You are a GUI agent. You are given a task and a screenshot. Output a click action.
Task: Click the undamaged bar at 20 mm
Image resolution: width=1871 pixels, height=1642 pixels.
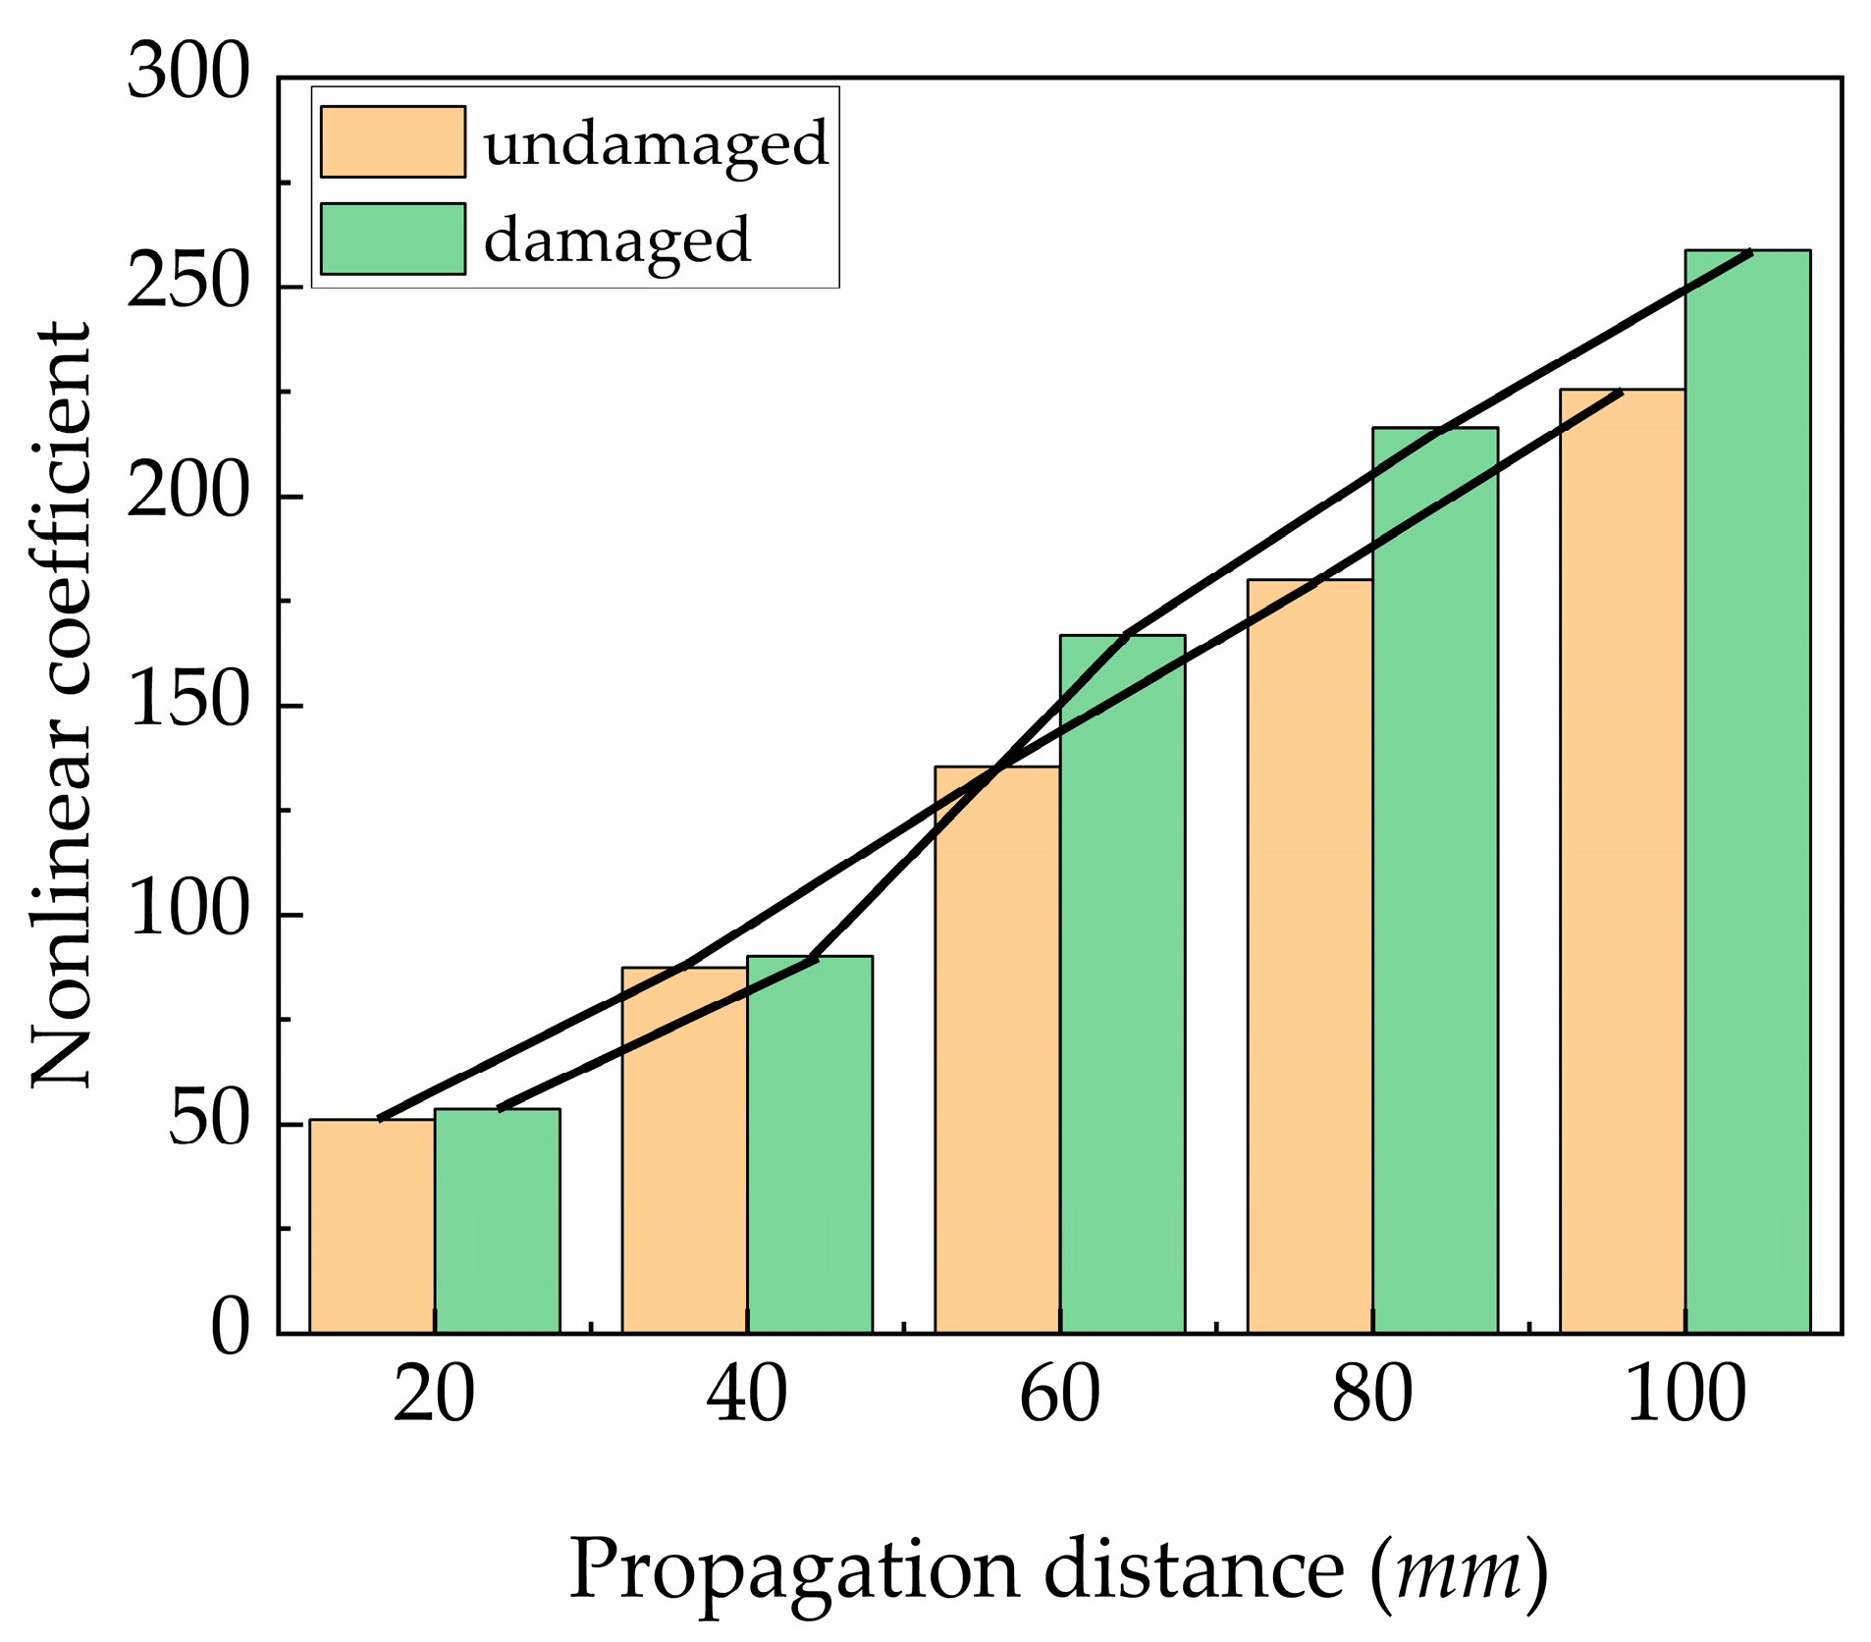click(x=372, y=1226)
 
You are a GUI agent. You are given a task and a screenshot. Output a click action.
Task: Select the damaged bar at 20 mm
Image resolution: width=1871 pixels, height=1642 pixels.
click(x=497, y=1221)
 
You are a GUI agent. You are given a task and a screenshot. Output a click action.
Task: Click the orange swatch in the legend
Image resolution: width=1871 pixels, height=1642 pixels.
click(x=393, y=141)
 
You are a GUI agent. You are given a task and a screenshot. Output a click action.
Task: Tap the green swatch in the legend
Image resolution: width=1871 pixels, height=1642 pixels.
click(x=393, y=238)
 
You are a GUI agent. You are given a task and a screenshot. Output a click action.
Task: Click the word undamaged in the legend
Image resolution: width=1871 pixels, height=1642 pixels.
click(x=656, y=144)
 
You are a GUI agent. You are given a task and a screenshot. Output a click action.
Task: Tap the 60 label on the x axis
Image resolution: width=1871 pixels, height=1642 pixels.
click(x=1059, y=1395)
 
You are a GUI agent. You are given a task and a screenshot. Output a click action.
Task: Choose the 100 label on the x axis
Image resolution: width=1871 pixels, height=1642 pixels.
click(x=1685, y=1395)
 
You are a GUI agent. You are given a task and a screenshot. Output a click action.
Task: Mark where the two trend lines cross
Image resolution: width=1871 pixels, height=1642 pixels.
click(x=997, y=768)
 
